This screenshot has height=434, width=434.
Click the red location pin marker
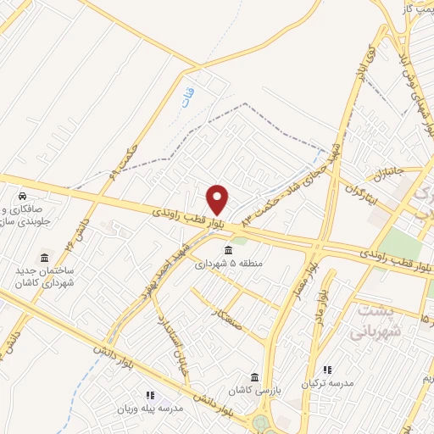pos(218,199)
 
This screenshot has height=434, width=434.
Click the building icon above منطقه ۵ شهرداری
pos(229,250)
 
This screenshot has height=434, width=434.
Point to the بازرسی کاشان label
pos(254,390)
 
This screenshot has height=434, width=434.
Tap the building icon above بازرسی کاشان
pos(254,377)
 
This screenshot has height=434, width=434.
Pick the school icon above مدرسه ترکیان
pos(328,370)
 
